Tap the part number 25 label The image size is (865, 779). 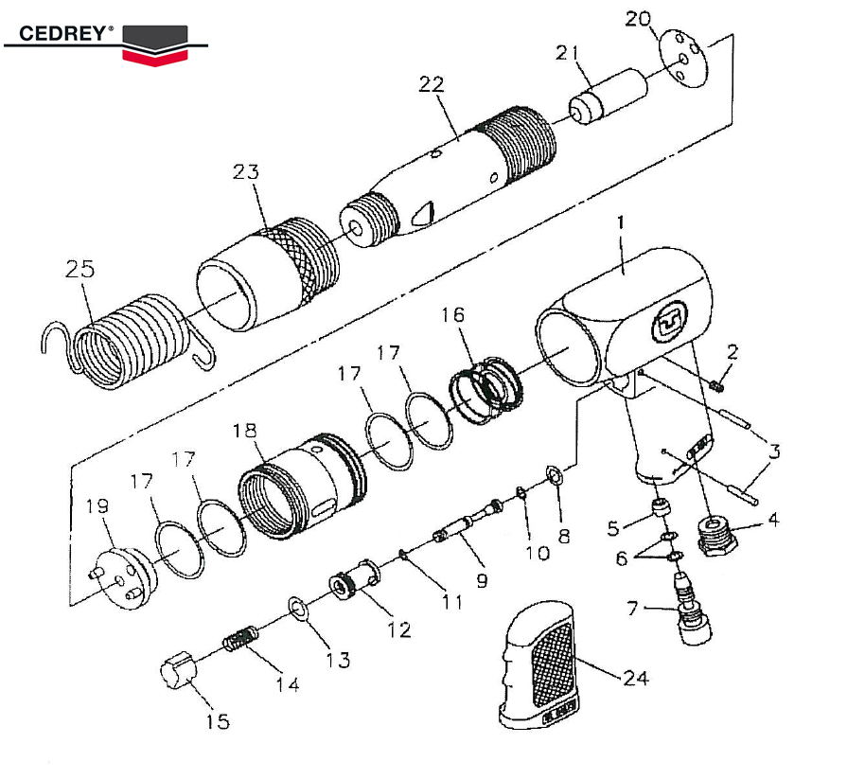pos(80,269)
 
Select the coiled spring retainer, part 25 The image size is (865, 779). pos(128,341)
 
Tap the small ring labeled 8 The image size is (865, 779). pos(555,472)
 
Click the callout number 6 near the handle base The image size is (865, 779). pos(621,558)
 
